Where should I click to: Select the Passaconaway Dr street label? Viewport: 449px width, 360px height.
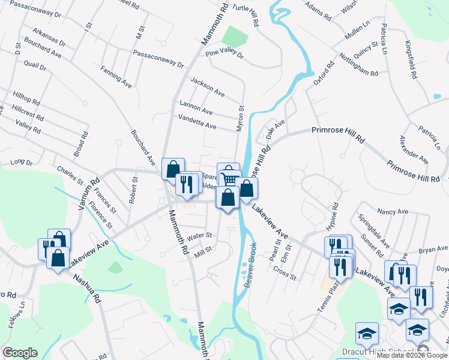coord(158,61)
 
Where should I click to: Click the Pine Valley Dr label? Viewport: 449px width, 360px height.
coord(224,55)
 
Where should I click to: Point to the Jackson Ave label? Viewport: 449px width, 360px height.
coord(207,88)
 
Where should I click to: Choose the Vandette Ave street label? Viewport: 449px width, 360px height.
coord(197,122)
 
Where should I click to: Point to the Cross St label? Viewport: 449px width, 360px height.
coord(285,273)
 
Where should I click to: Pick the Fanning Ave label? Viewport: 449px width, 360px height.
coord(116,77)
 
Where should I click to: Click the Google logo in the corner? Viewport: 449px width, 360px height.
coord(19,353)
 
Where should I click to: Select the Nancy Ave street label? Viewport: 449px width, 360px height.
coord(393,212)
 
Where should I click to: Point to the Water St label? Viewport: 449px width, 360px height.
coord(200,236)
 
